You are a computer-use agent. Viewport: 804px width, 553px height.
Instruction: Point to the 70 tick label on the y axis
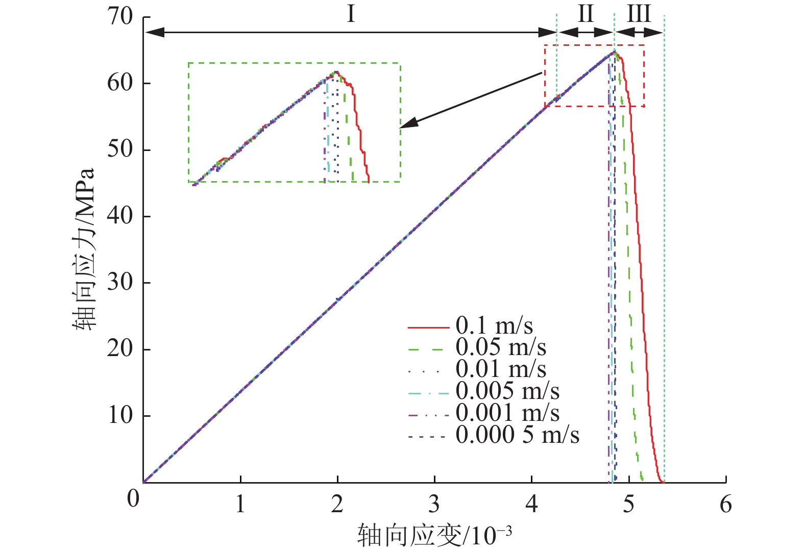pos(120,16)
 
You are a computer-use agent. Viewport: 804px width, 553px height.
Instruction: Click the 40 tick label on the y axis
pos(120,216)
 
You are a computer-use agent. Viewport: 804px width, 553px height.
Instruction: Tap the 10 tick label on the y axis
pos(120,415)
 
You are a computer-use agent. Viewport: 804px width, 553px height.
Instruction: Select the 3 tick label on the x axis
pos(434,504)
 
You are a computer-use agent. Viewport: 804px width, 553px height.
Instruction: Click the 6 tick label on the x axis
pos(725,504)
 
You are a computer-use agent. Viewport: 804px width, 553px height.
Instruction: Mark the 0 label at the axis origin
pos(133,499)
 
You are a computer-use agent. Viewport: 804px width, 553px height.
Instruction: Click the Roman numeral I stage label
pos(351,14)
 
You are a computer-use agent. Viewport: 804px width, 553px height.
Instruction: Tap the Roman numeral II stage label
pos(586,14)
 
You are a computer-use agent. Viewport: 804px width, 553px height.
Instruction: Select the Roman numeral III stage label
pos(639,14)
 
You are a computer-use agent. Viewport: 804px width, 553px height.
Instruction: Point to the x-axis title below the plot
pos(434,535)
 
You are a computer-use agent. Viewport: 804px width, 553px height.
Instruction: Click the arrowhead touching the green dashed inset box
pos(407,124)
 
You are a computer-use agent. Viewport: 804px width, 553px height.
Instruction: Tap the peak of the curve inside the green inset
pos(336,72)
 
